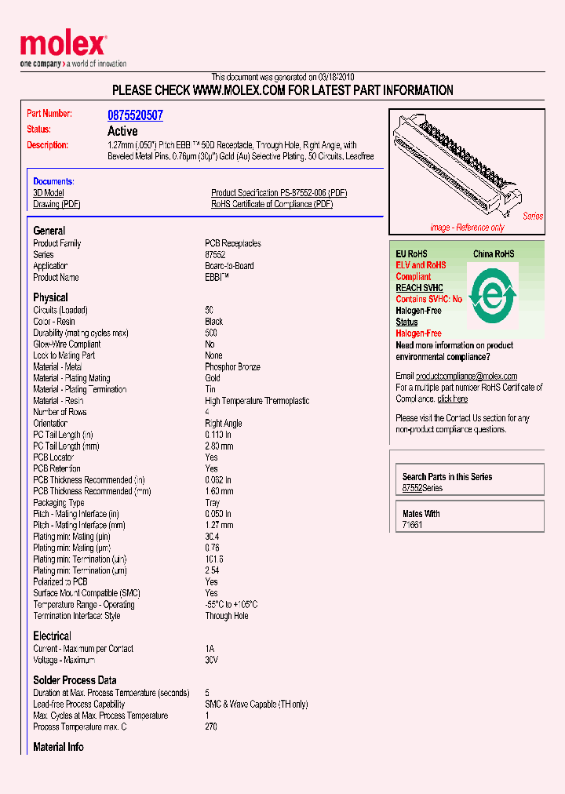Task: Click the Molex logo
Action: (x=63, y=46)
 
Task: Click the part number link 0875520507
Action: (x=135, y=115)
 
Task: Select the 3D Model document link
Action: (x=49, y=193)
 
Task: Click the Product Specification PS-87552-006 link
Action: (x=279, y=193)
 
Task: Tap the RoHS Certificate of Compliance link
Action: (x=272, y=205)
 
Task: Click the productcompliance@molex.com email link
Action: (x=466, y=377)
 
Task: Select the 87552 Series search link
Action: (x=422, y=488)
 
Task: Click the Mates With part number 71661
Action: (x=412, y=525)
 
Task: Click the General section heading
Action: (x=49, y=231)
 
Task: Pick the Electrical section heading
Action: (x=52, y=636)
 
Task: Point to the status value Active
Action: (x=122, y=131)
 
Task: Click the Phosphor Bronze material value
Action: (x=232, y=367)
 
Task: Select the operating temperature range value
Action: (x=231, y=605)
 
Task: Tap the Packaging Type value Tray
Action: (x=213, y=503)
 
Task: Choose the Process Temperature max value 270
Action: (x=211, y=727)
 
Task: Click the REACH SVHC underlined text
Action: (x=419, y=288)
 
